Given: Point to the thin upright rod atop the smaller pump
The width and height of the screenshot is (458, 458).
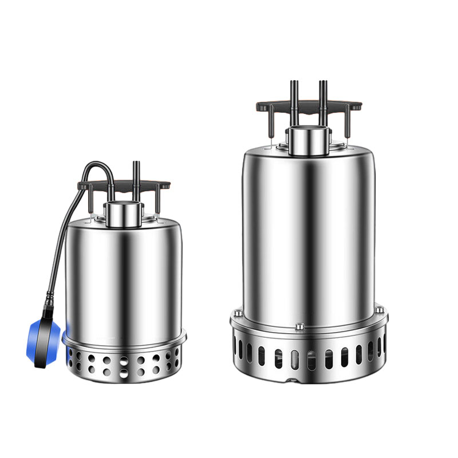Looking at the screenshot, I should click(x=136, y=172).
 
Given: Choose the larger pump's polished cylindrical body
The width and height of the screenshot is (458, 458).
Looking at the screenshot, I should click(x=309, y=229).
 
